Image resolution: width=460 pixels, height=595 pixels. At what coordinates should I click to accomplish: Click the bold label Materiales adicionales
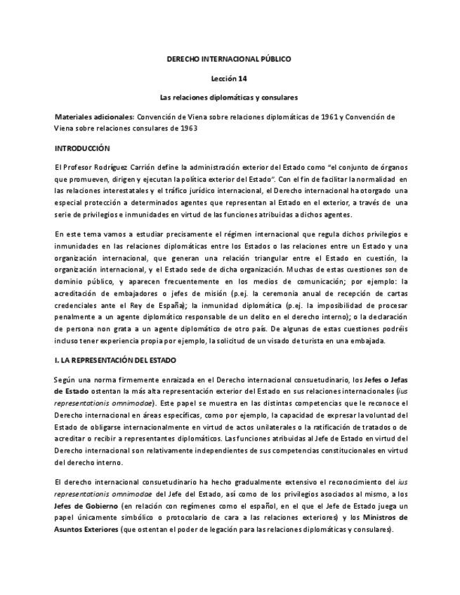94,116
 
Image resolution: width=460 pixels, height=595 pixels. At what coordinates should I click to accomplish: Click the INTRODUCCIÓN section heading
83,149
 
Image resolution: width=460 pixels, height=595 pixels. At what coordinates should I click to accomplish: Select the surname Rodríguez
108,167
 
